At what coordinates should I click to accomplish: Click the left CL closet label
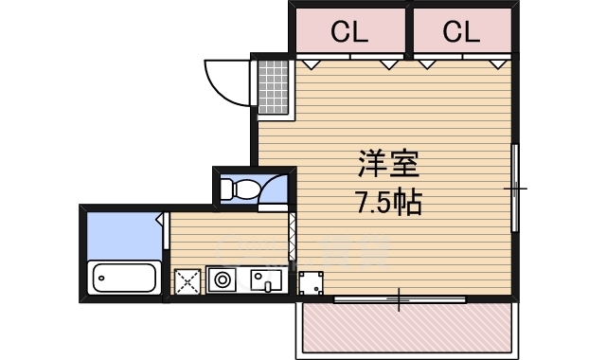tap(349, 33)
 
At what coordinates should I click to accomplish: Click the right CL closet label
tap(461, 33)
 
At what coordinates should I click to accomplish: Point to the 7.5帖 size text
tap(388, 202)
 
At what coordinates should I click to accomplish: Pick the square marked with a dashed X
tap(187, 280)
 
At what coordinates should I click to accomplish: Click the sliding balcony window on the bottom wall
tap(400, 300)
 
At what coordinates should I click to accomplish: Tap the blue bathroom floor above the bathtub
tap(121, 236)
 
